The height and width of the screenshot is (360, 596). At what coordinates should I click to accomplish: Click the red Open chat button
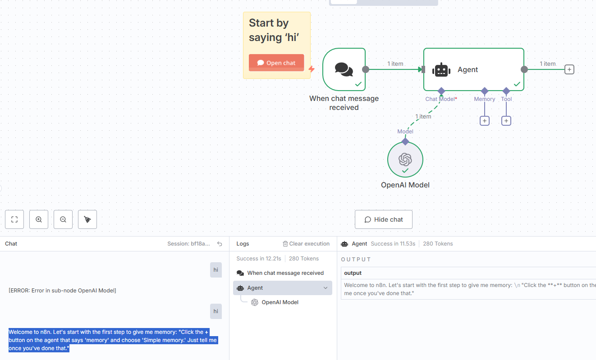[276, 63]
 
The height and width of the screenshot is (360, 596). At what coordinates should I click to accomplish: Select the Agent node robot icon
[441, 70]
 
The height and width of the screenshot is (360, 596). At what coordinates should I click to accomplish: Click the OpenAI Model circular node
[405, 159]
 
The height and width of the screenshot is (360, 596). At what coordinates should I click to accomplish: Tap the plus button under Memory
[485, 121]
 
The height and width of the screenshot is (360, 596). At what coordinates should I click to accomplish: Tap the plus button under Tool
[506, 121]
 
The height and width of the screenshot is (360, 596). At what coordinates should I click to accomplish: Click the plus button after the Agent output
[569, 70]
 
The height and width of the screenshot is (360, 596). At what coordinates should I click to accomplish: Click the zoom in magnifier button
[39, 219]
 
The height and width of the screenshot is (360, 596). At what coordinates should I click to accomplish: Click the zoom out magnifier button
[63, 219]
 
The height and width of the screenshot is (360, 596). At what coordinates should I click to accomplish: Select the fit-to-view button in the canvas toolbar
[14, 219]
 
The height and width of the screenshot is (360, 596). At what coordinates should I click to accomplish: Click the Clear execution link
[306, 244]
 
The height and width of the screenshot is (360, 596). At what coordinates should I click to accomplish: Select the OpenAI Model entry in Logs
[280, 302]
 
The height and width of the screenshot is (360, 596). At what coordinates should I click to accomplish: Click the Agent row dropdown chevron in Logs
[326, 288]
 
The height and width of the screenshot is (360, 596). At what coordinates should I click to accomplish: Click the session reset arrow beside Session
[220, 244]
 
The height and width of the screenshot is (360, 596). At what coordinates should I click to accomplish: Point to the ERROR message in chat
[62, 290]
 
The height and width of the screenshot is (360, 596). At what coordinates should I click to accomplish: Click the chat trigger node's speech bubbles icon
[344, 69]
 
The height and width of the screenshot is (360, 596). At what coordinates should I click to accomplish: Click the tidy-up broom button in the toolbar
[87, 219]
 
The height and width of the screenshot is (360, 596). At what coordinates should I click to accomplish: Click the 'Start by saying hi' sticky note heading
[274, 30]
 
